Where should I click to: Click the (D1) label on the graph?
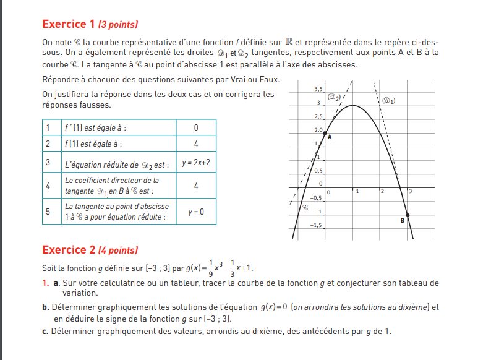point(389,100)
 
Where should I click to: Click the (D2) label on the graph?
point(333,96)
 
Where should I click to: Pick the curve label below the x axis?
point(305,208)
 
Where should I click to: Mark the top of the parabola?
point(352,106)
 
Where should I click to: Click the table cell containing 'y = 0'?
point(196,212)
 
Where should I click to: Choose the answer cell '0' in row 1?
point(196,127)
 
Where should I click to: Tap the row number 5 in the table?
point(48,212)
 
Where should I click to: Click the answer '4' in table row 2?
point(196,144)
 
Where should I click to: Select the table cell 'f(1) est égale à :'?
point(93,144)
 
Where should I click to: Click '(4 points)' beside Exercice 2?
point(118,251)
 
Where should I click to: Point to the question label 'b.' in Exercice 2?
point(45,307)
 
